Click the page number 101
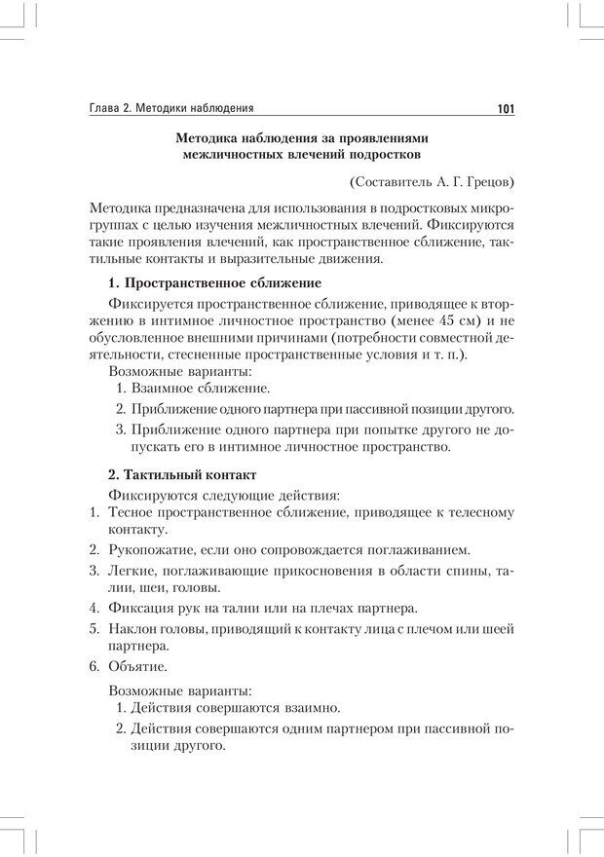505,108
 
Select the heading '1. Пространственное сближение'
214,282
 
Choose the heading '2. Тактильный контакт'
182,474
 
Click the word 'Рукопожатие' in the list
149,549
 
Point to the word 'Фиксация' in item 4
140,606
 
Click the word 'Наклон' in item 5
133,625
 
